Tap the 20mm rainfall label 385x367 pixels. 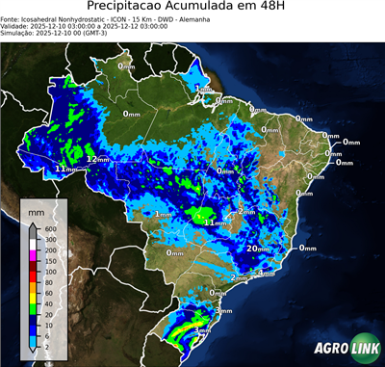pyautogui.click(x=258, y=249)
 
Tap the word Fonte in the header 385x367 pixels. pyautogui.click(x=11, y=18)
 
